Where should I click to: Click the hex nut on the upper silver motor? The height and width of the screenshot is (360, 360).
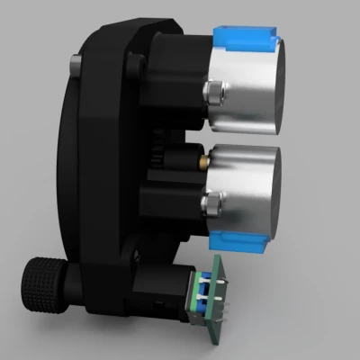click(x=215, y=91)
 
